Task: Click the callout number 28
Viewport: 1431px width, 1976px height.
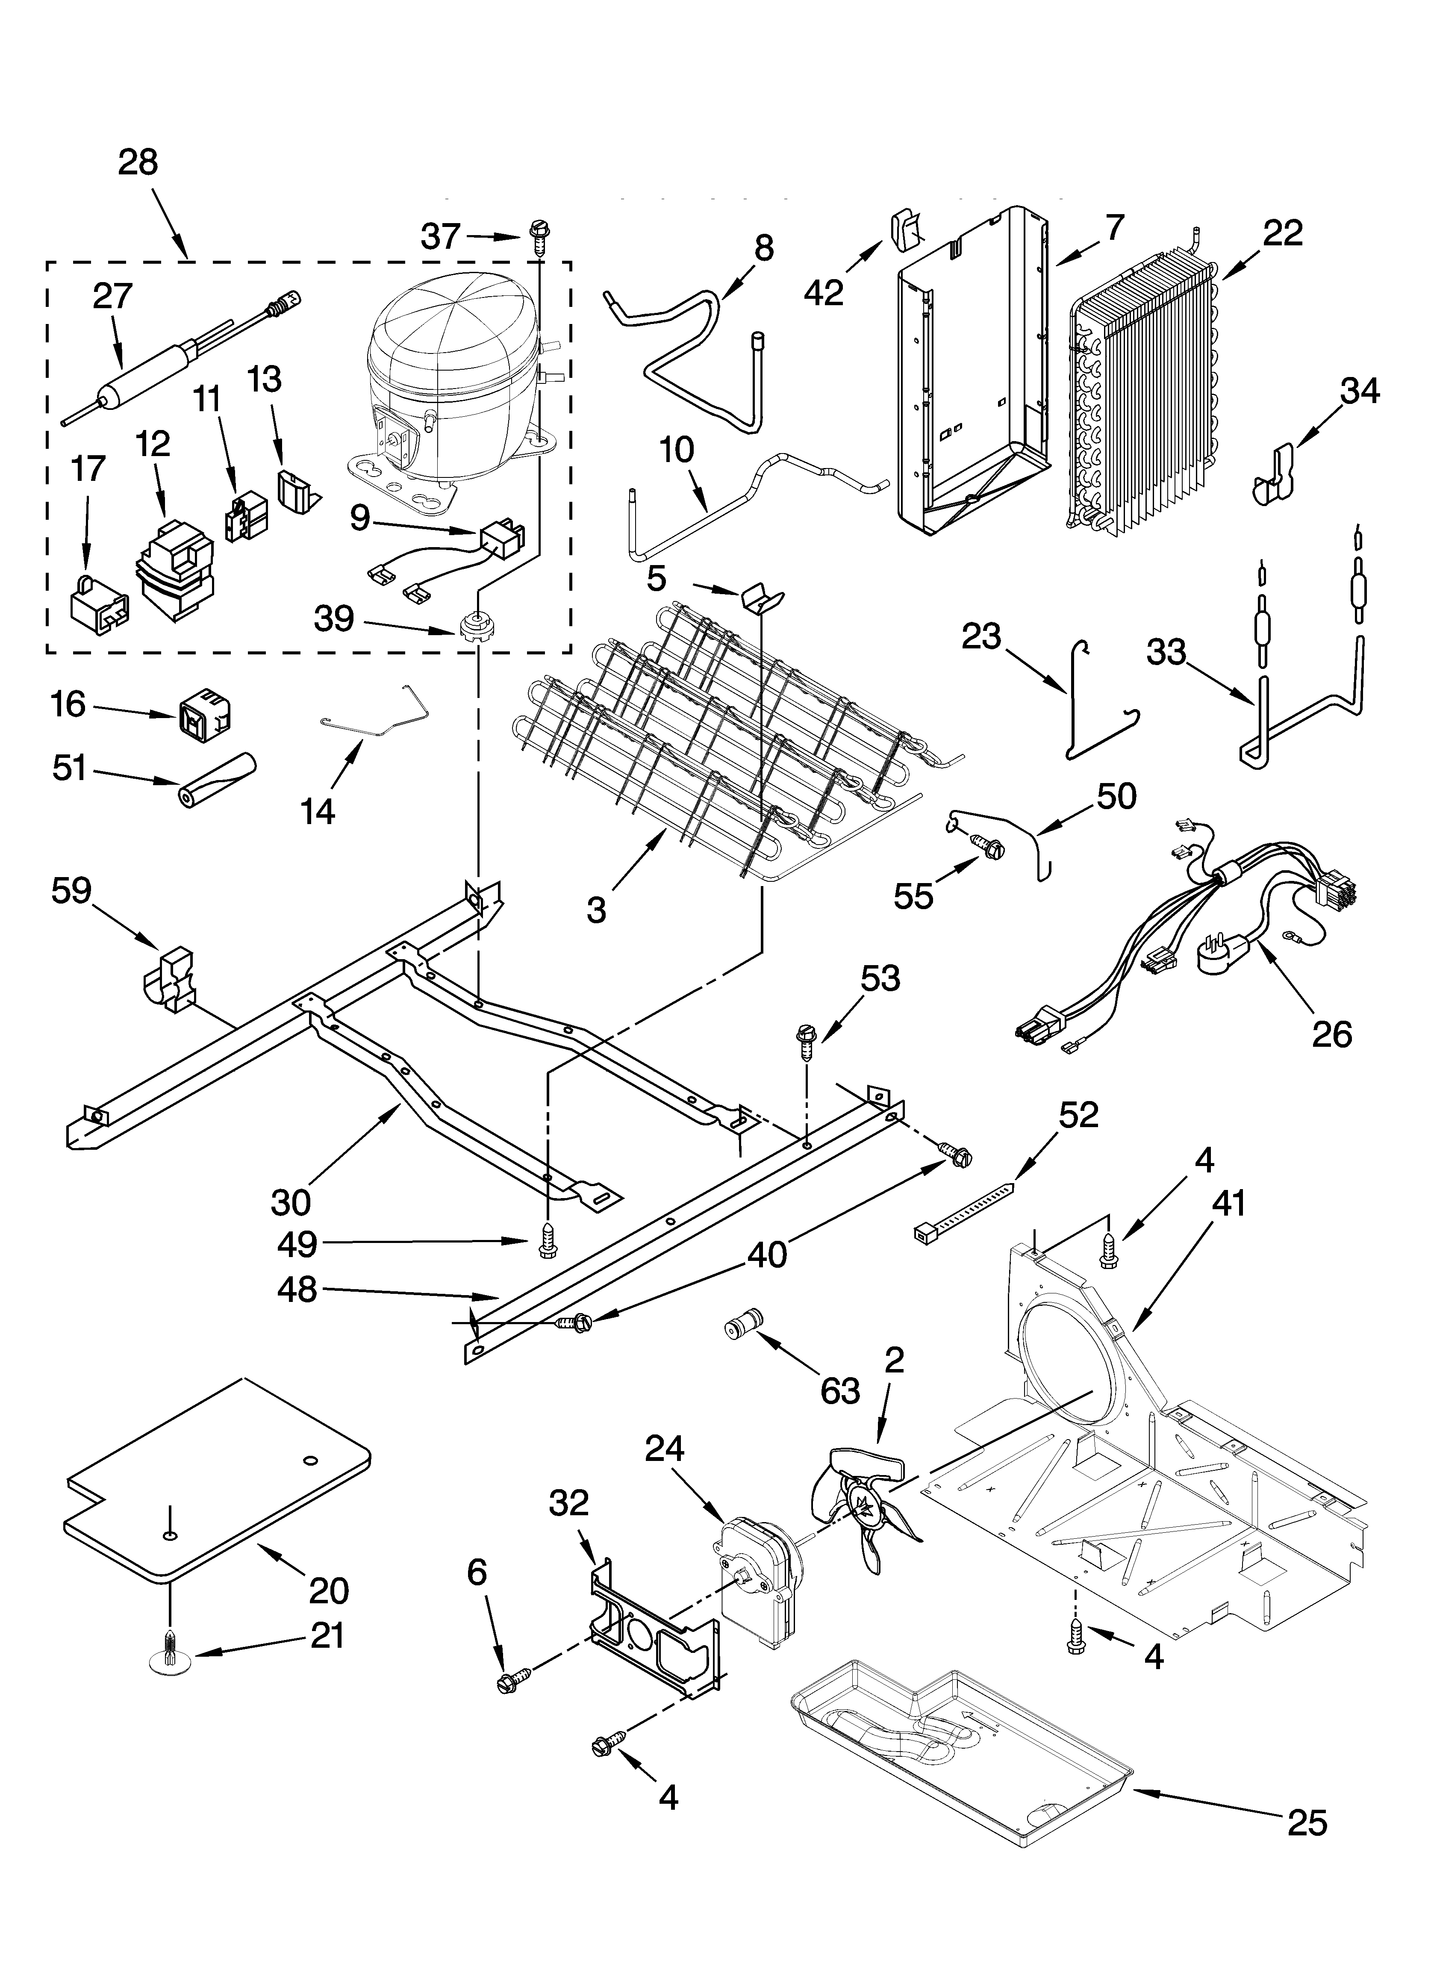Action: [138, 162]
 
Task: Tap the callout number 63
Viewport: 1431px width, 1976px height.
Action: [839, 1391]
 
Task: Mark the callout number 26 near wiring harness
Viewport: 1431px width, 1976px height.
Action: [1331, 1034]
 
